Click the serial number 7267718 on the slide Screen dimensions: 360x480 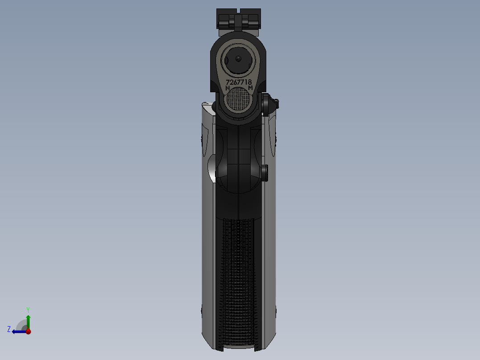(x=239, y=82)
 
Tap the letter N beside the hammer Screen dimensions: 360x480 (x=228, y=89)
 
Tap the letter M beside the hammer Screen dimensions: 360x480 (x=251, y=89)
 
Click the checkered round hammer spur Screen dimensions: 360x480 (x=239, y=100)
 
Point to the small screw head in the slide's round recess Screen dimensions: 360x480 (x=238, y=58)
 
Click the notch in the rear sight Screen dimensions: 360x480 (x=239, y=12)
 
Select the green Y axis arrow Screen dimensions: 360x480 (x=28, y=320)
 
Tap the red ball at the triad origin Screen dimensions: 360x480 (x=28, y=331)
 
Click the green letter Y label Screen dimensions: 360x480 (x=28, y=309)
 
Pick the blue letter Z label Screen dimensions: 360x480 (x=9, y=329)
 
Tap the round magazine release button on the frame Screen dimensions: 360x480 (x=265, y=173)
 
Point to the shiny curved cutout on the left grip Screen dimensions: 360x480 (x=212, y=169)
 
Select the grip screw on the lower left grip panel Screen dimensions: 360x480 (x=202, y=310)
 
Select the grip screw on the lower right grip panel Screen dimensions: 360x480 (x=277, y=310)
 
